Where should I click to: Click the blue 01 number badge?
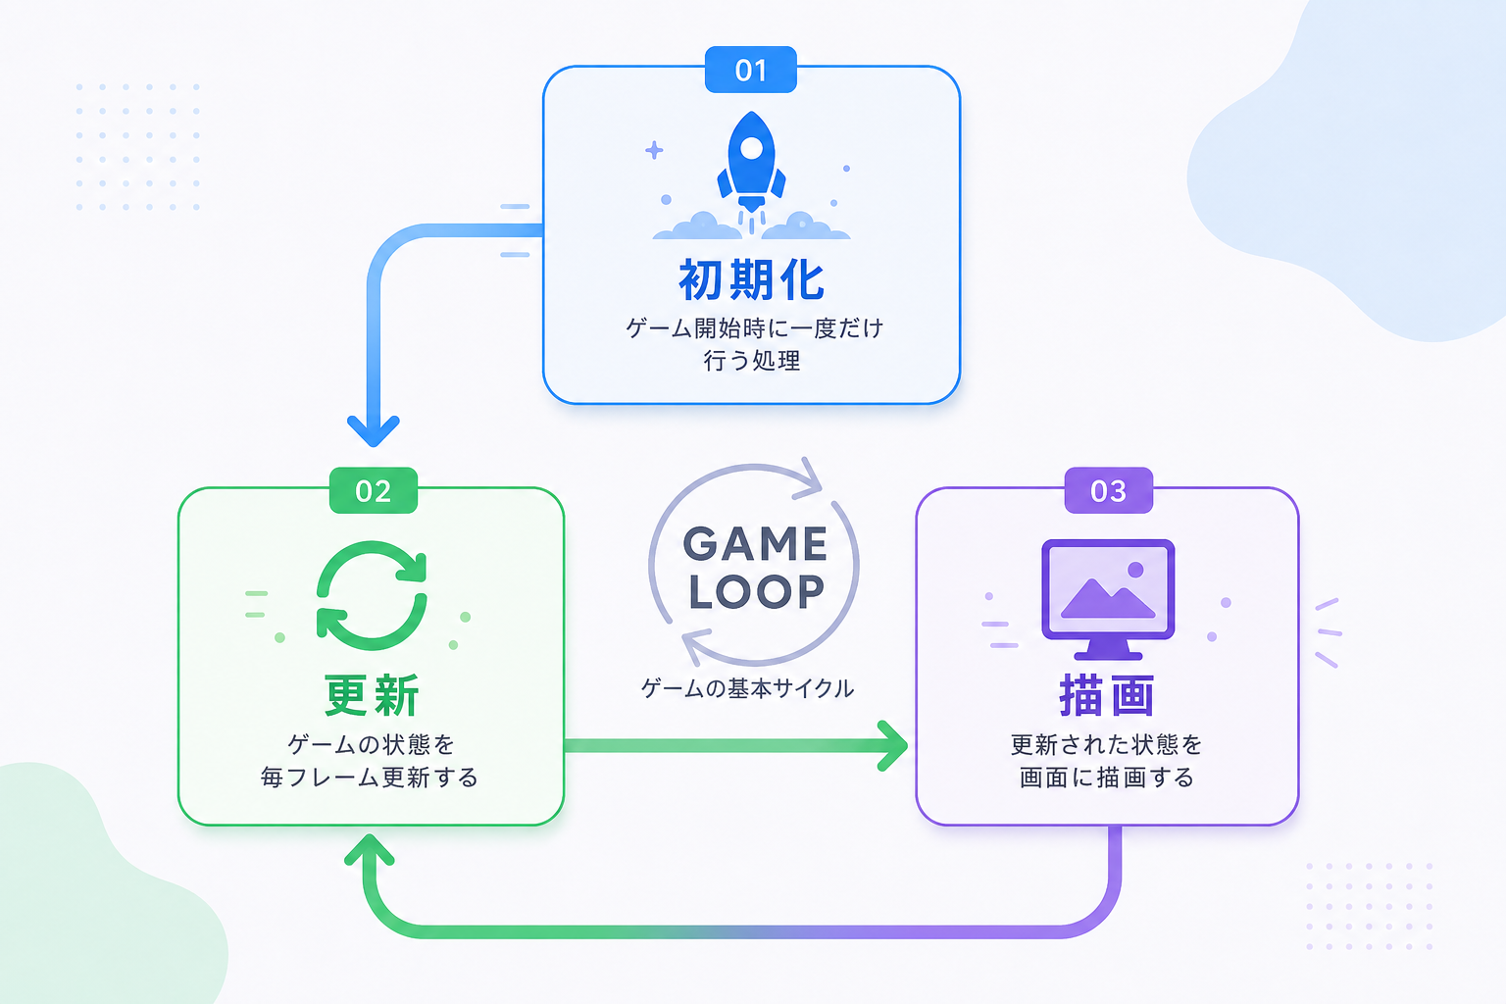tap(751, 70)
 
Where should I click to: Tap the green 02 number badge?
tap(374, 490)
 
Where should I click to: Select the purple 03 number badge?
tap(1109, 490)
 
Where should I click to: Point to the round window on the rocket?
tap(751, 148)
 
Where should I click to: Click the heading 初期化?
tap(751, 279)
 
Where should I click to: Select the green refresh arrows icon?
tap(372, 595)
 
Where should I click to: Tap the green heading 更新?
tap(372, 695)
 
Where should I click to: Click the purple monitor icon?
tap(1108, 599)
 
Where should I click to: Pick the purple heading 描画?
tap(1107, 695)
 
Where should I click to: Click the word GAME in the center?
tap(755, 543)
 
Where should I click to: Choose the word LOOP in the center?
tap(756, 592)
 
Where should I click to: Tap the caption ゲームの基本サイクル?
tap(747, 688)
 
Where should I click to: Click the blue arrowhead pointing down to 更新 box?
tap(374, 431)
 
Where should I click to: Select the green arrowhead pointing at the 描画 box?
tap(893, 746)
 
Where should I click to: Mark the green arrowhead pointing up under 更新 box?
tap(369, 849)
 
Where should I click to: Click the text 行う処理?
tap(752, 361)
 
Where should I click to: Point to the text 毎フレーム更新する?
tap(369, 778)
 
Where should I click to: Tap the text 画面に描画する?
tap(1107, 778)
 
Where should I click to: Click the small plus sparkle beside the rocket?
tap(654, 150)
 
